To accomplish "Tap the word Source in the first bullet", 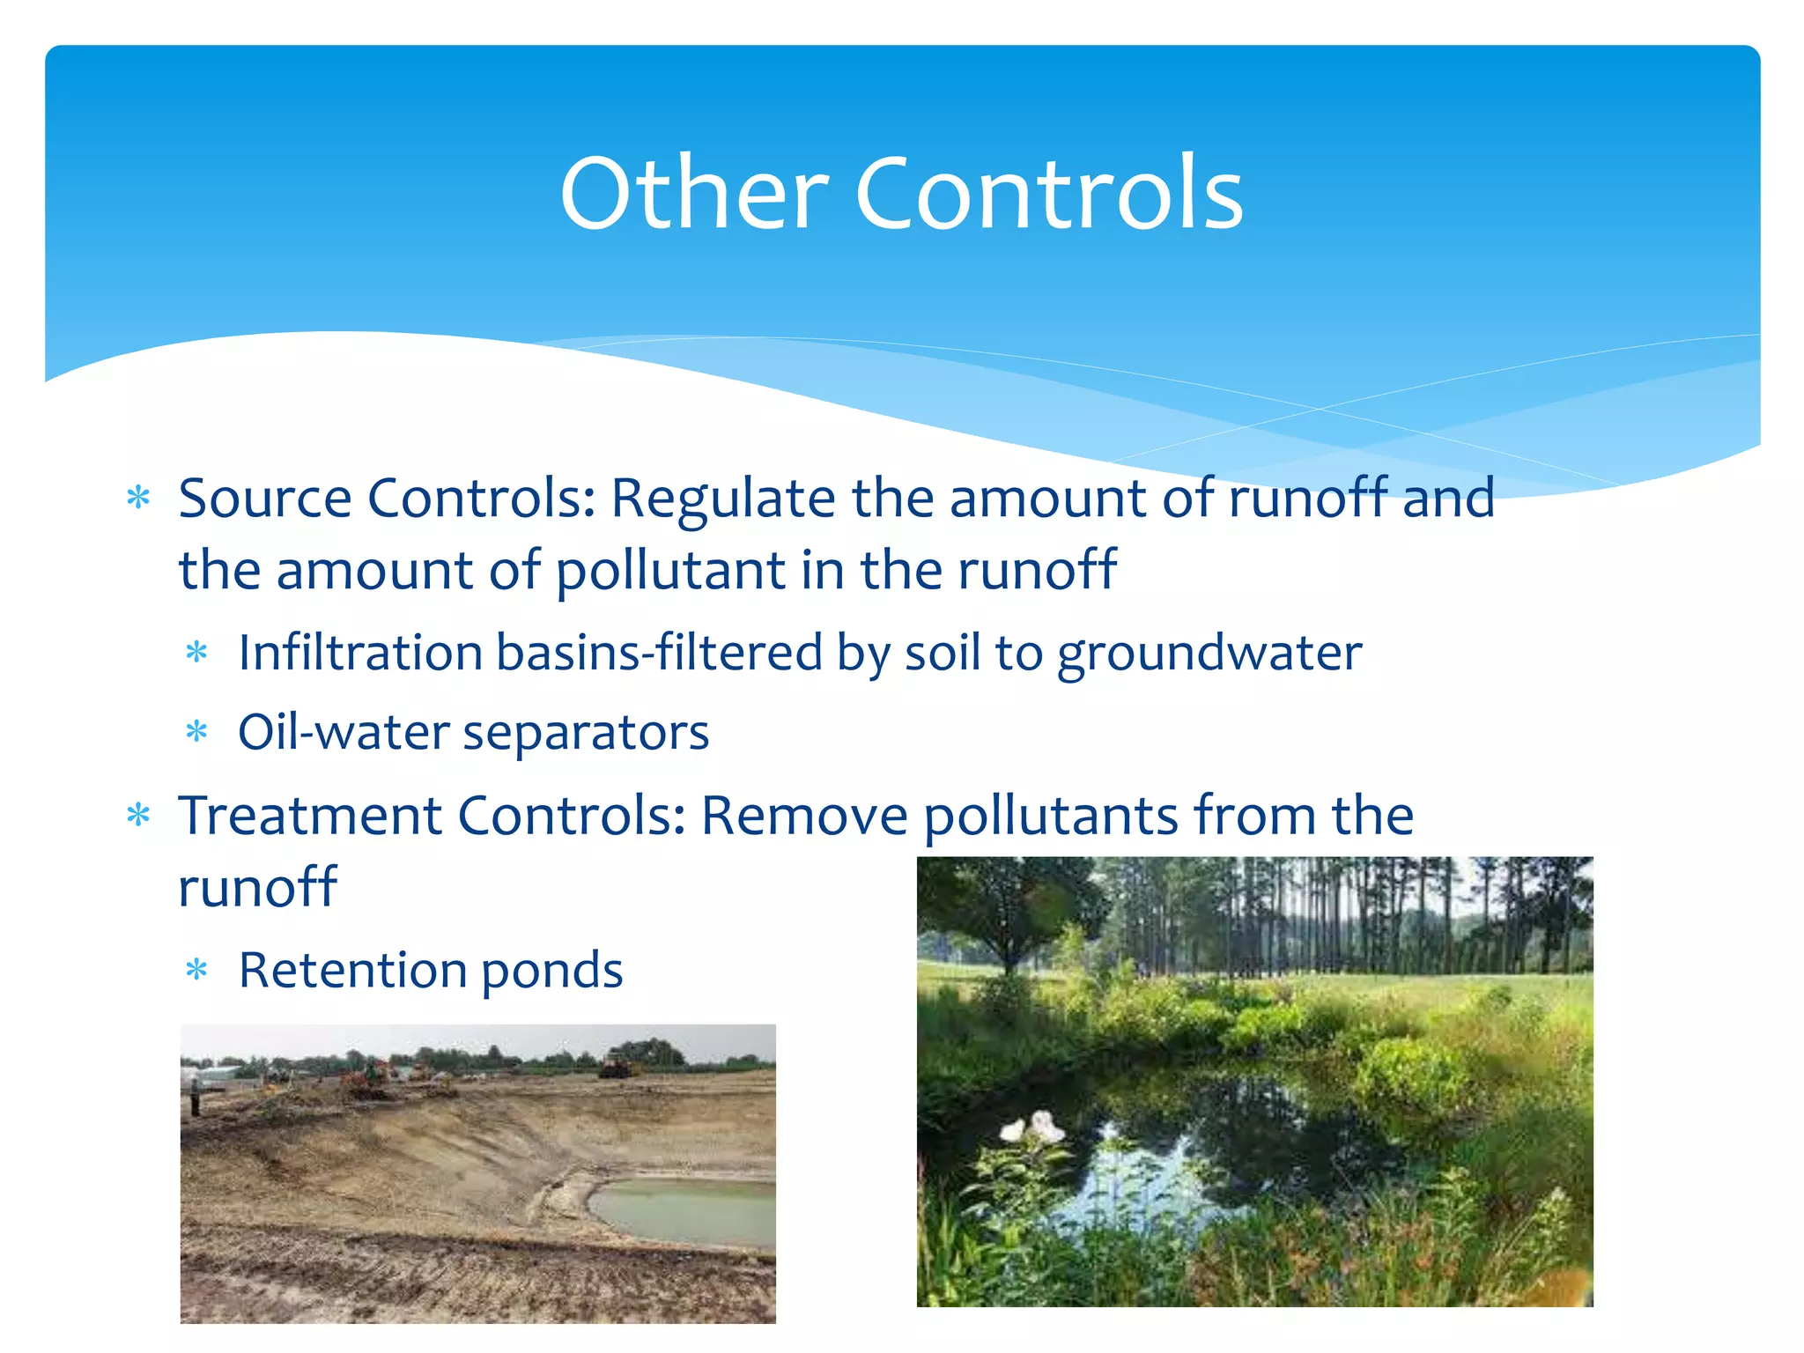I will (x=265, y=499).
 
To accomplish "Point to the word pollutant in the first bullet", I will (x=669, y=572).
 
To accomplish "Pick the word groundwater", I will (x=1209, y=654).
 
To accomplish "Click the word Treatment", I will (x=309, y=815).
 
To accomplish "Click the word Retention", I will (x=352, y=970).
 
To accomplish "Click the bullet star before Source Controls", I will (x=139, y=499).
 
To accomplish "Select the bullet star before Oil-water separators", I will (x=197, y=732).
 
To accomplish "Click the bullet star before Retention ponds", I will (x=197, y=970).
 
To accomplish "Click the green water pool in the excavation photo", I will (x=687, y=1211).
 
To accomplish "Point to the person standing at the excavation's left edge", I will (x=195, y=1096).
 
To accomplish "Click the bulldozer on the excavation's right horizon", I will (x=618, y=1067).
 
